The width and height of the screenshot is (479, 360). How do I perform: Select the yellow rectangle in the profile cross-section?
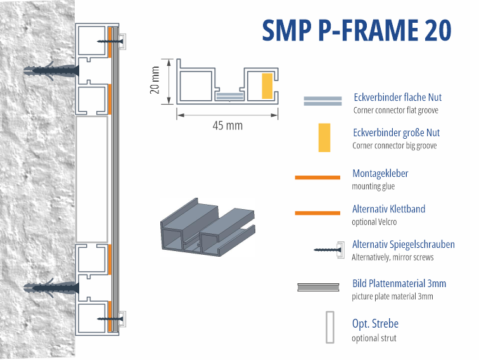pos(267,85)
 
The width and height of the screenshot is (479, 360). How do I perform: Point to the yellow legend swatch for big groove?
pos(324,138)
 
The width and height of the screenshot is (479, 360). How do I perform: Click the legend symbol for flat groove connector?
pos(323,102)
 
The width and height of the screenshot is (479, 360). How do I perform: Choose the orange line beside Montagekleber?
pos(317,177)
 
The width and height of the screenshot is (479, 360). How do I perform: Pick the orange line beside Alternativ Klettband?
pos(317,212)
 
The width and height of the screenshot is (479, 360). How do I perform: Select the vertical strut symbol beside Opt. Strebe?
pos(329,327)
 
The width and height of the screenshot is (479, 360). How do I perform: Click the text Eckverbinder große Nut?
pos(396,133)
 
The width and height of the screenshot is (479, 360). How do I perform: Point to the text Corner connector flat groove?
pos(395,110)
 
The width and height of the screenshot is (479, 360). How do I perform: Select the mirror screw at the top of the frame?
pos(111,41)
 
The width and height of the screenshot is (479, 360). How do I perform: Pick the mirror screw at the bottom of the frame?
pos(111,319)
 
